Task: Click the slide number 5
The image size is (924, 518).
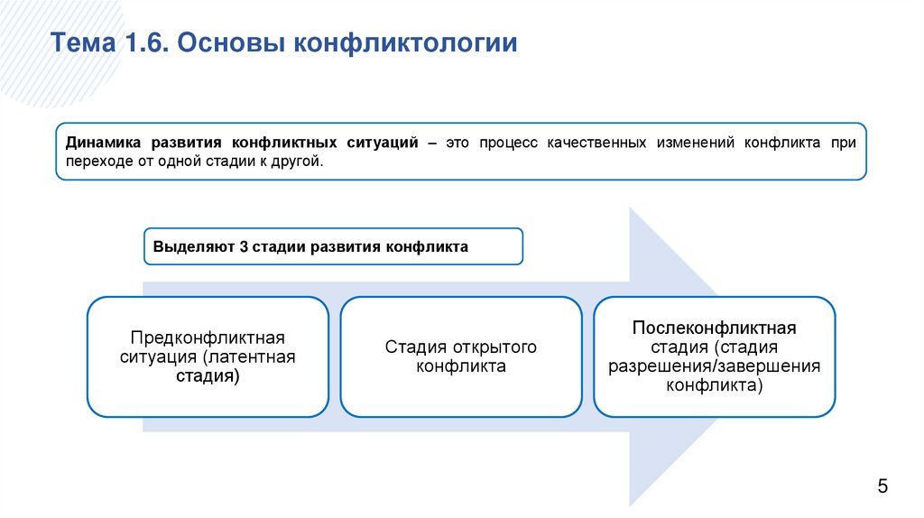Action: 882,486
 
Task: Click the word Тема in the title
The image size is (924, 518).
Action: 79,43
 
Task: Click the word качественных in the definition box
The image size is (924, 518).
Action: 596,143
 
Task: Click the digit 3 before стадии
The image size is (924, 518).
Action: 244,246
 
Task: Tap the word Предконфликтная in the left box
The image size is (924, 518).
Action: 208,338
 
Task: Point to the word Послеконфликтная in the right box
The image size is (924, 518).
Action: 714,328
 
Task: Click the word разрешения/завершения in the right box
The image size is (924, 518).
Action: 714,367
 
